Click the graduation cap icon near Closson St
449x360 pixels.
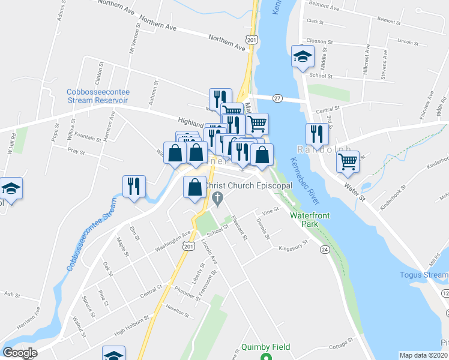click(302, 57)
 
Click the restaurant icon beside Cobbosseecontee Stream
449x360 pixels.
click(133, 186)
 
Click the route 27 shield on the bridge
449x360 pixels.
click(277, 98)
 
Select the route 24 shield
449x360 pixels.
click(325, 249)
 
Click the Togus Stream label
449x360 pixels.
click(424, 275)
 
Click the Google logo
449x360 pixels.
click(20, 353)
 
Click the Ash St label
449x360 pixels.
click(12, 295)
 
